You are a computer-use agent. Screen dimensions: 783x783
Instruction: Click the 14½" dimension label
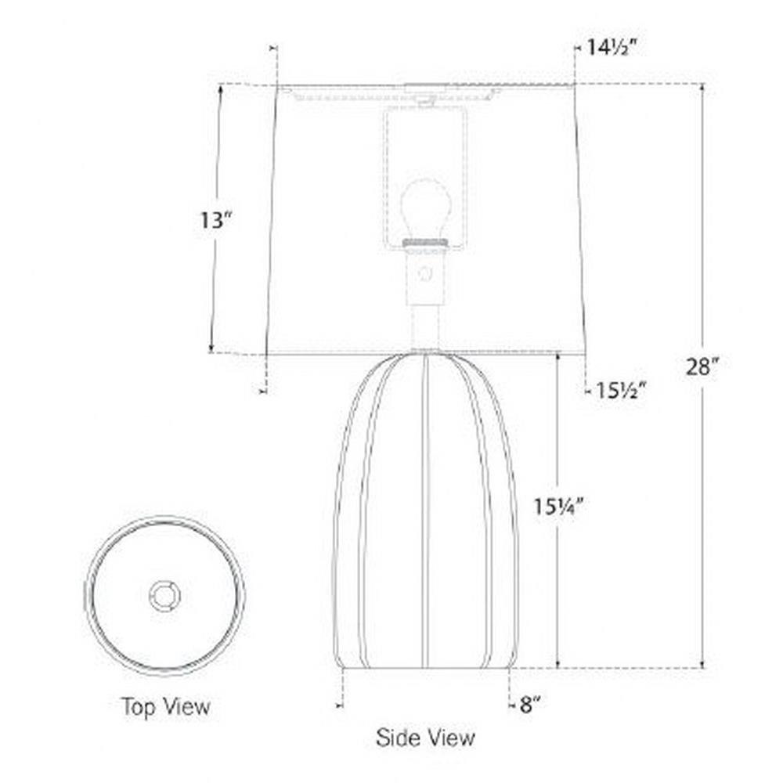(612, 48)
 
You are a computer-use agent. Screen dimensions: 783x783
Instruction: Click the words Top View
(166, 706)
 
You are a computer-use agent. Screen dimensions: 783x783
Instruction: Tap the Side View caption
(425, 738)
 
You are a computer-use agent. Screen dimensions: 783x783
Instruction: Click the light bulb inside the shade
(426, 210)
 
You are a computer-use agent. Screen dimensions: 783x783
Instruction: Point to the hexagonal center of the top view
(164, 596)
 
